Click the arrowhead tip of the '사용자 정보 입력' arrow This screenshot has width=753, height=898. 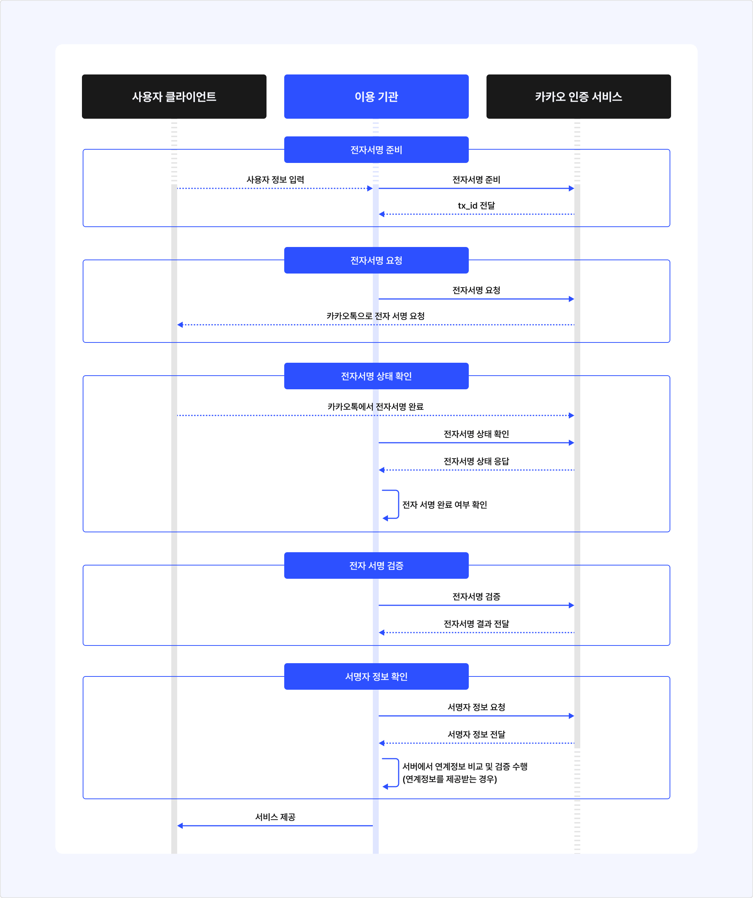click(372, 188)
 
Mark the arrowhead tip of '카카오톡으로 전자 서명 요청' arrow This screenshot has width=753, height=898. click(178, 324)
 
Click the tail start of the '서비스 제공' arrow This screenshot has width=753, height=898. click(372, 825)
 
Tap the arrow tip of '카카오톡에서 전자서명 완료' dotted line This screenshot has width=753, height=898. click(574, 415)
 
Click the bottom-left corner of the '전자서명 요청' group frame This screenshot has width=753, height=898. click(83, 342)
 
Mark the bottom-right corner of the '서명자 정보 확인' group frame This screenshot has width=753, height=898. click(670, 798)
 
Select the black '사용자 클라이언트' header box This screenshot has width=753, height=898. click(174, 97)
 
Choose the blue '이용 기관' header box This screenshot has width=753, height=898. click(376, 97)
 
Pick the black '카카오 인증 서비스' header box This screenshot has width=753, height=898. click(578, 97)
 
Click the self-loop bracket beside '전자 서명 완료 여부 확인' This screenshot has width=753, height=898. click(399, 505)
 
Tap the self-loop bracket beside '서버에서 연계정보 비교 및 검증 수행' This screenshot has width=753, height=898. click(399, 773)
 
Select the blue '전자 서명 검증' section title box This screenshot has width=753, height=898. click(376, 565)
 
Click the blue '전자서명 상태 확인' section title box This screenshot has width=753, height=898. click(376, 376)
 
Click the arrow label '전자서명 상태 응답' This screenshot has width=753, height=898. click(477, 461)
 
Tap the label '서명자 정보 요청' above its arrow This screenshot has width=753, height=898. click(477, 707)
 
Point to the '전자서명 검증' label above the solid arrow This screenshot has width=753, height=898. click(477, 596)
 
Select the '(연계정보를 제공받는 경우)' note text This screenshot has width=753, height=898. click(450, 779)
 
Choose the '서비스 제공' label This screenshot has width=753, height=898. click(275, 817)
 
